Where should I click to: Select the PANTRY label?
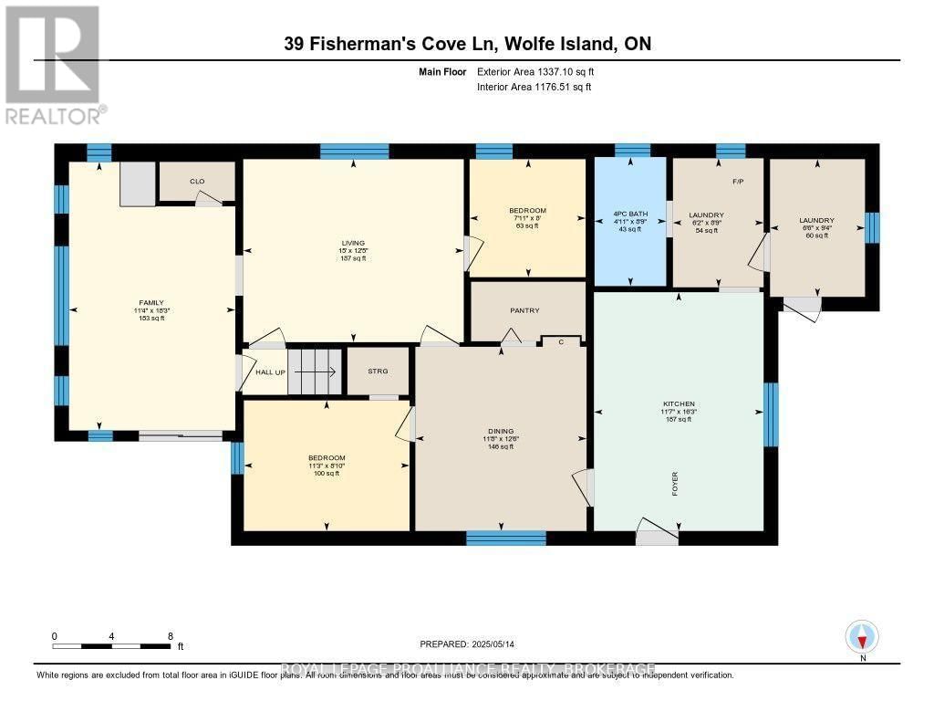tap(525, 310)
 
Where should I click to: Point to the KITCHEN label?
tap(679, 403)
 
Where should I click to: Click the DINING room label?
tap(500, 431)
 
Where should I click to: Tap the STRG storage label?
tap(378, 371)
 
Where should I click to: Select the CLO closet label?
tap(197, 182)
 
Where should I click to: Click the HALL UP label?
tap(270, 372)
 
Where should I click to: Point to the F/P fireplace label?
tap(739, 182)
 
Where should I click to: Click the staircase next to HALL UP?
tap(315, 371)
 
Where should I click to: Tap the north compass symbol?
tap(862, 636)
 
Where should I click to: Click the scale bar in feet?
tap(111, 645)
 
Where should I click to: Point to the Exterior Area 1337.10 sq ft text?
tap(537, 71)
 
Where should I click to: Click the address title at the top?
tap(466, 44)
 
